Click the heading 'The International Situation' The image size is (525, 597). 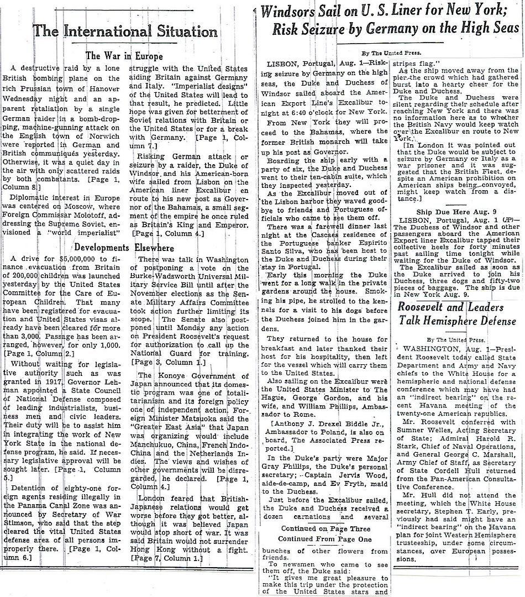pos(125,32)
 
